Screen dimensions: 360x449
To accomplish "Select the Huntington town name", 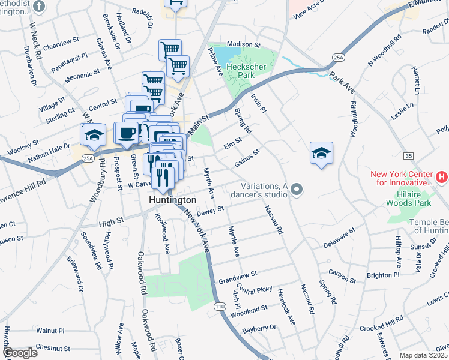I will (173, 200).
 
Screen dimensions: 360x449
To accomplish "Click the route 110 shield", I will (220, 307).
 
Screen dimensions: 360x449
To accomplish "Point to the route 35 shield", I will (408, 155).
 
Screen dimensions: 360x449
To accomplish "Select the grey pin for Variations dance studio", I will (295, 190).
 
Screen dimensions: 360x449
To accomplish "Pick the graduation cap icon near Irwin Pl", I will (322, 152).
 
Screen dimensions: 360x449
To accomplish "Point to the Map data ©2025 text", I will (423, 355).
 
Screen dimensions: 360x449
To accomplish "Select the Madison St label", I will (244, 44).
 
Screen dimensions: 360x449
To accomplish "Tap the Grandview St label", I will (238, 276).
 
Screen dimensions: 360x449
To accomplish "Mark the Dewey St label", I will (210, 210).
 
